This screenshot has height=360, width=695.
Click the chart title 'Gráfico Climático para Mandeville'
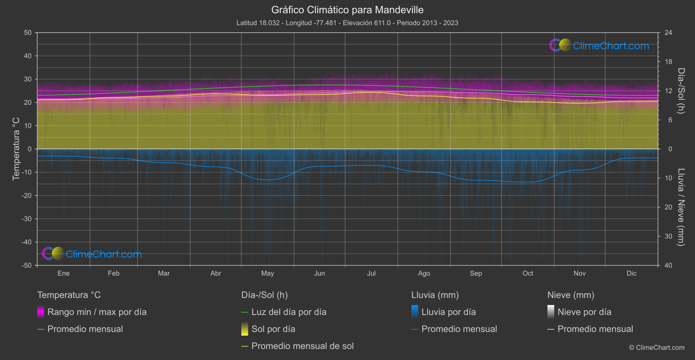pyautogui.click(x=347, y=10)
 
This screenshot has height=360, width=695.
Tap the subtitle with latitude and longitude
pyautogui.click(x=347, y=23)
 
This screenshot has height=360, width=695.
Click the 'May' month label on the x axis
pyautogui.click(x=267, y=273)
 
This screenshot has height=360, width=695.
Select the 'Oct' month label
pyautogui.click(x=527, y=273)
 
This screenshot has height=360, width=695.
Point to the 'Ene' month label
pyautogui.click(x=63, y=273)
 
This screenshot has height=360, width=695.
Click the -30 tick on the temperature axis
pyautogui.click(x=27, y=219)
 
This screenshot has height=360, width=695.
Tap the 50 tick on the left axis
pyautogui.click(x=28, y=33)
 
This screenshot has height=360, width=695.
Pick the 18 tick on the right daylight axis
pyautogui.click(x=668, y=62)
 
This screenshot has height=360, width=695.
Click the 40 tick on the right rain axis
pyautogui.click(x=668, y=265)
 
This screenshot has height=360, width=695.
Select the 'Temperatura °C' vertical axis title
pyautogui.click(x=16, y=148)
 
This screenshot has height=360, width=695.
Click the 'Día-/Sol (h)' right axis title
pyautogui.click(x=681, y=91)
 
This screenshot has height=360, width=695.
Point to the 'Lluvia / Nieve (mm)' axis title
pyautogui.click(x=681, y=207)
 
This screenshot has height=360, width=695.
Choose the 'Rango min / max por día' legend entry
pyautogui.click(x=97, y=312)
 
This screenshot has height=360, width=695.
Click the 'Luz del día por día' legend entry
pyautogui.click(x=289, y=312)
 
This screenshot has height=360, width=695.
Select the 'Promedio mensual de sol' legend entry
pyautogui.click(x=302, y=346)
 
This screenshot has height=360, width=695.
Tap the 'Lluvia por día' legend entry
pyautogui.click(x=448, y=312)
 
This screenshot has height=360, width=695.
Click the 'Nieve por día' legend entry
pyautogui.click(x=584, y=312)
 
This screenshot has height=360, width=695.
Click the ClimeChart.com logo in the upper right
pyautogui.click(x=599, y=45)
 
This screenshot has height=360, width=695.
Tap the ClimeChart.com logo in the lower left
pyautogui.click(x=92, y=254)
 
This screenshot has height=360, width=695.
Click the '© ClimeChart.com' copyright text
pyautogui.click(x=657, y=347)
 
